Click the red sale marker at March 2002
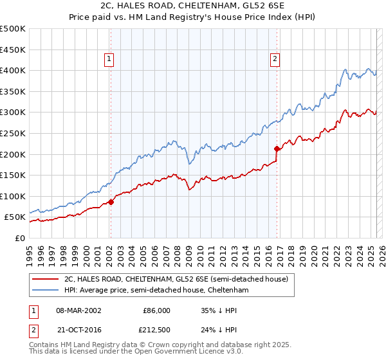(111, 202)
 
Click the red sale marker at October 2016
(277, 148)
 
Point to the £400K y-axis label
(13, 70)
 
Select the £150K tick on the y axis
(13, 175)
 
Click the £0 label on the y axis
(19, 238)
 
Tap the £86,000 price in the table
(156, 310)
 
